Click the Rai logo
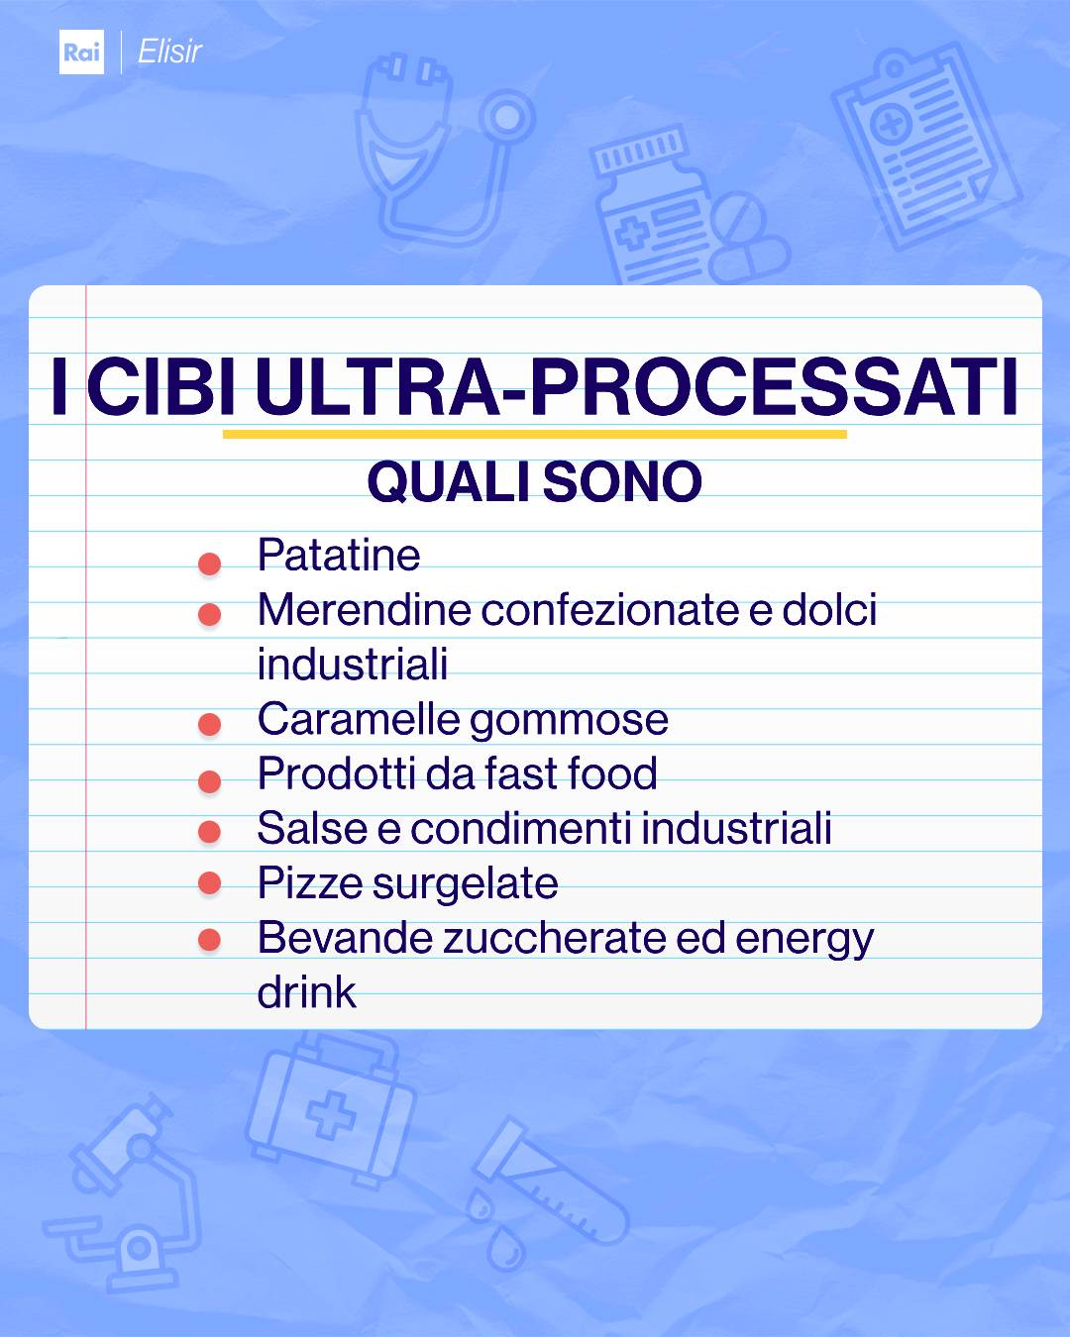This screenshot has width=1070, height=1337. pyautogui.click(x=81, y=51)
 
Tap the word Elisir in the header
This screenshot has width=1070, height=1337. pyautogui.click(x=169, y=51)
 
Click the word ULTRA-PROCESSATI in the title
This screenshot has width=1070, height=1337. pyautogui.click(x=636, y=386)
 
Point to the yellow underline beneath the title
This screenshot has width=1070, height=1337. pyautogui.click(x=534, y=434)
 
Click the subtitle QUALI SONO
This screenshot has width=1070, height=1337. pyautogui.click(x=534, y=482)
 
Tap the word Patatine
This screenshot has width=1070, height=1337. pyautogui.click(x=339, y=556)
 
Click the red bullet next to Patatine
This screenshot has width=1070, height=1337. pyautogui.click(x=209, y=564)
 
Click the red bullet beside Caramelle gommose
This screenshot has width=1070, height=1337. pyautogui.click(x=209, y=725)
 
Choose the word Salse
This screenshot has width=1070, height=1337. pyautogui.click(x=312, y=829)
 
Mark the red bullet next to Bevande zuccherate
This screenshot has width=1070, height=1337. pyautogui.click(x=209, y=939)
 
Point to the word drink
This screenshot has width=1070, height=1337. pyautogui.click(x=306, y=992)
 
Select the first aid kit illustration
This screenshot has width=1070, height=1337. pyautogui.click(x=332, y=1109)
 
